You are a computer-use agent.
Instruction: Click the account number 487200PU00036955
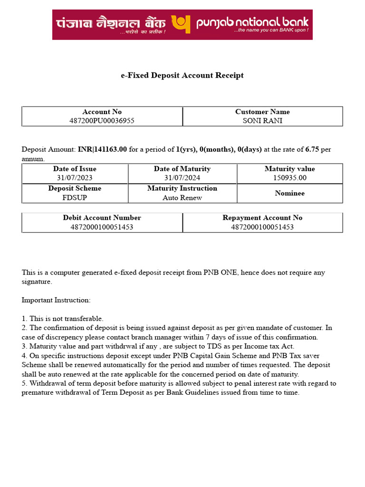coord(102,121)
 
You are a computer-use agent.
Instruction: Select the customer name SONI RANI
coord(262,121)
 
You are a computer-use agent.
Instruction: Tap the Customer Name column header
coord(262,112)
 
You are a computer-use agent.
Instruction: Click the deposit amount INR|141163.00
coord(102,149)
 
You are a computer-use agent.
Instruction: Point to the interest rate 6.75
coord(312,149)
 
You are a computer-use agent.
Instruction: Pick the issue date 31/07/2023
coord(75,178)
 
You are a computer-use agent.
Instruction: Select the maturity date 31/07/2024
coord(182,178)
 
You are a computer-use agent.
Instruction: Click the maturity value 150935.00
coord(289,178)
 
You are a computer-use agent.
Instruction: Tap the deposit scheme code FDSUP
coord(75,198)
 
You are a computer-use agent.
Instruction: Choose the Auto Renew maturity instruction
coord(182,198)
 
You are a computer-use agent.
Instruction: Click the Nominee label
coord(289,193)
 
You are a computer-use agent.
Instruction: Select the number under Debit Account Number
coord(102,227)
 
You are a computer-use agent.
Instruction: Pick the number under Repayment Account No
coord(262,227)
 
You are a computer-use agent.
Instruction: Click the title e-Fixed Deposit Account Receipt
coord(182,75)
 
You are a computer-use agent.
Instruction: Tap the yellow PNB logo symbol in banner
coord(181,24)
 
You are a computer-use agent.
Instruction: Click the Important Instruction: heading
coord(56,300)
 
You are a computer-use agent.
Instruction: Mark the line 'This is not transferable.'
coord(66,319)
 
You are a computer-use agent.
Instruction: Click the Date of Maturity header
coord(182,169)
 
